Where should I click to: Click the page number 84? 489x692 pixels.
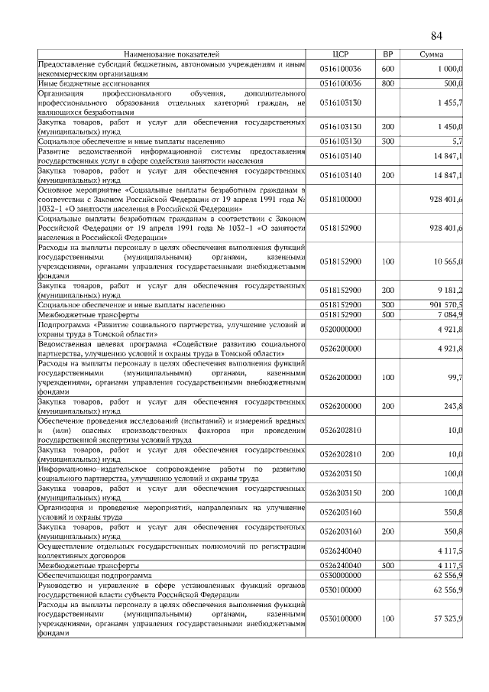pyautogui.click(x=436, y=36)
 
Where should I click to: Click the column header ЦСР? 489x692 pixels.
pyautogui.click(x=340, y=55)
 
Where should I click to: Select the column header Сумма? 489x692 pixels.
pyautogui.click(x=432, y=55)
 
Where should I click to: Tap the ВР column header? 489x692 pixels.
pyautogui.click(x=387, y=55)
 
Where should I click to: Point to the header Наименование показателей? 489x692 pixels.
pyautogui.click(x=172, y=55)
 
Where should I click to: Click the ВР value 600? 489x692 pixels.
pyautogui.click(x=387, y=70)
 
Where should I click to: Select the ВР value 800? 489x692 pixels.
pyautogui.click(x=387, y=83)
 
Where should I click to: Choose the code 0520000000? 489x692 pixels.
pyautogui.click(x=340, y=329)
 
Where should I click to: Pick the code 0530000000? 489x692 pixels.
pyautogui.click(x=340, y=574)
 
